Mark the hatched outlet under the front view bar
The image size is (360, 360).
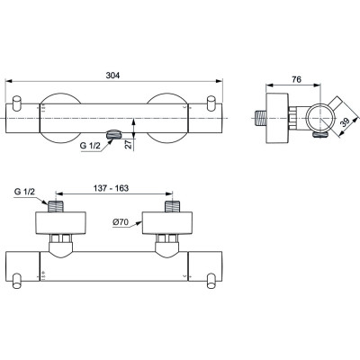(112, 136)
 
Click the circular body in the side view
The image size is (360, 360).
(310, 116)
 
